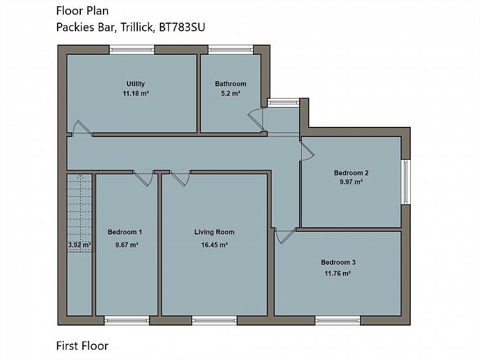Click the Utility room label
coord(135,84)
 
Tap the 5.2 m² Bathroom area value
coord(230,93)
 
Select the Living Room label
coord(214,232)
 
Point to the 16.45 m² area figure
coord(214,245)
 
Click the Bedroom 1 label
coord(125,232)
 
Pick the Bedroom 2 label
coord(351,173)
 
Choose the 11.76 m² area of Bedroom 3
coord(337,273)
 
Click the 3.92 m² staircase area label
coord(80,245)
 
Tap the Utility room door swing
coord(82,128)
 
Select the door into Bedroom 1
coord(143,178)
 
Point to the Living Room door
coord(180,178)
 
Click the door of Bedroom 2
coord(307,152)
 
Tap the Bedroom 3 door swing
coord(285,235)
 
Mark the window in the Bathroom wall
coord(231,49)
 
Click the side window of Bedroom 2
coord(405,182)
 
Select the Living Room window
coord(214,320)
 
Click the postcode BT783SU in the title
coord(182,27)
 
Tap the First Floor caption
coord(82,346)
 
